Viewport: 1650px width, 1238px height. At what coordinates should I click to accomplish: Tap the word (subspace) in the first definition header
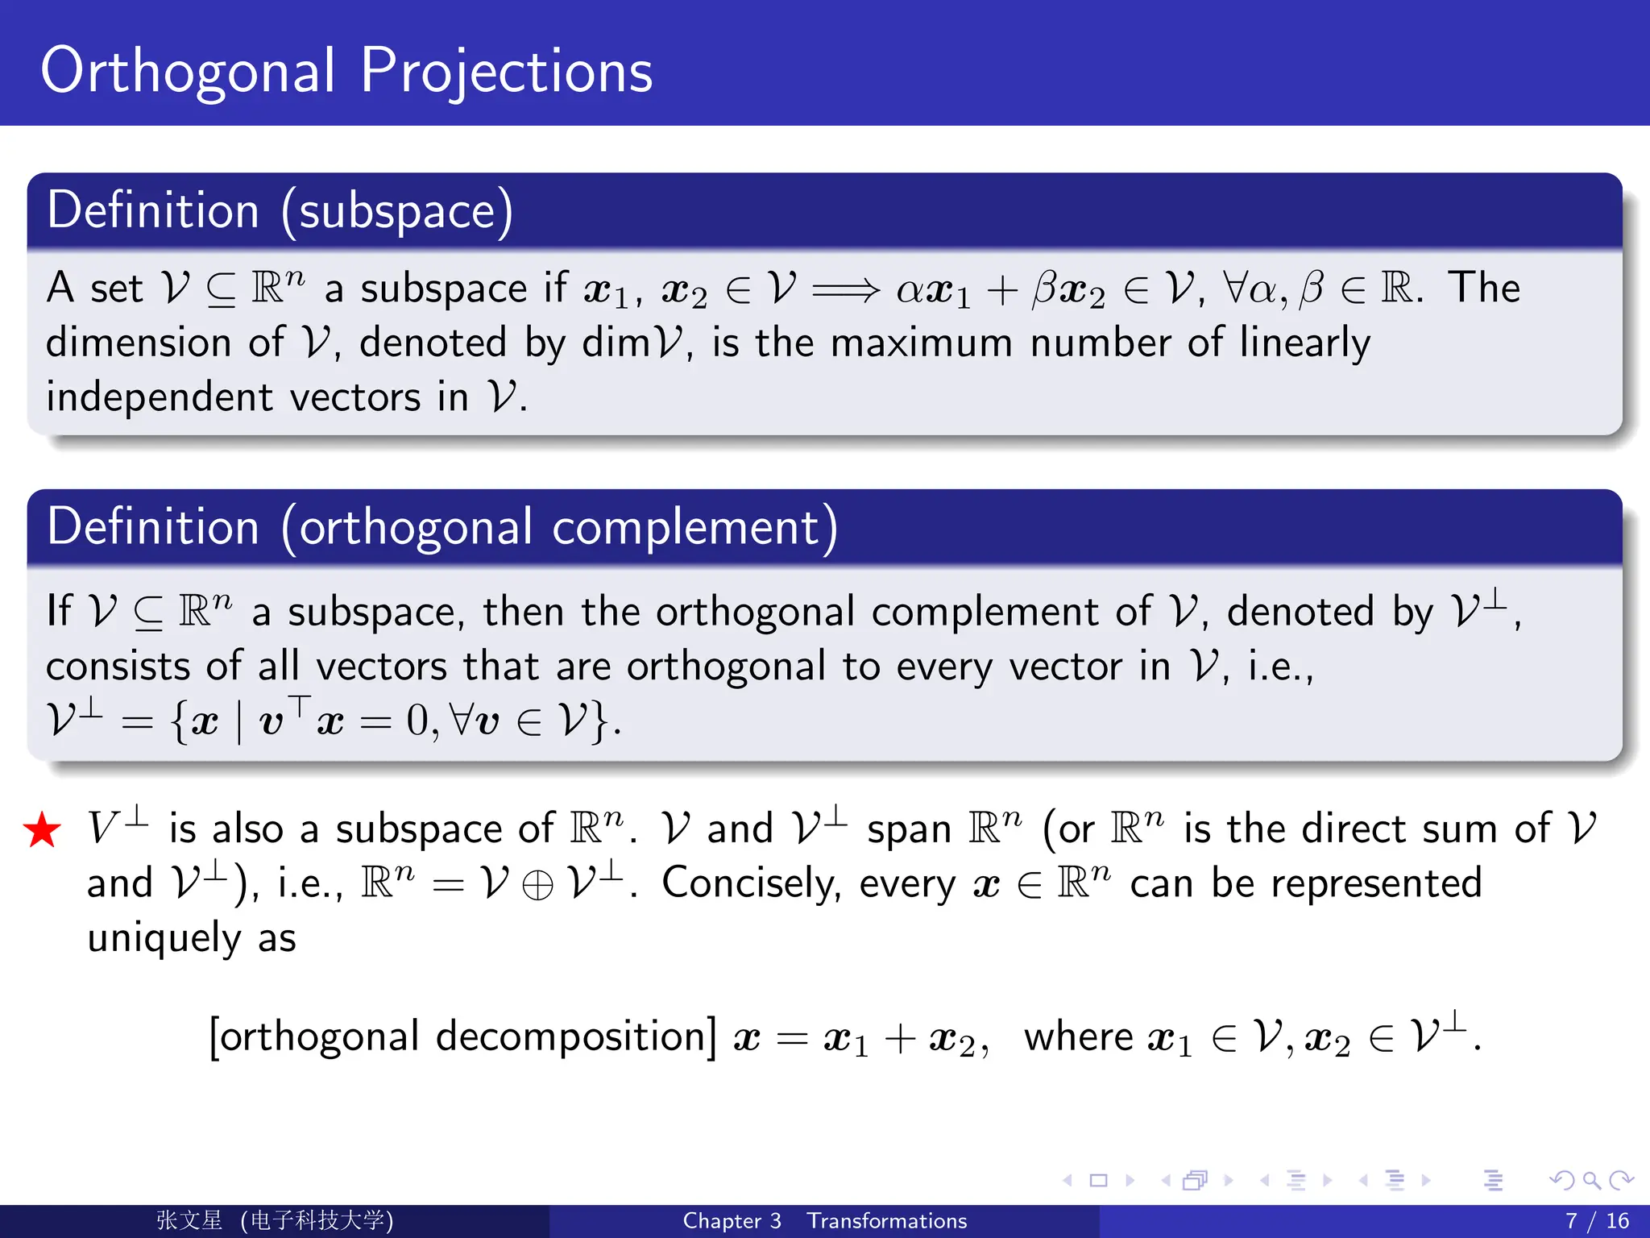(x=396, y=211)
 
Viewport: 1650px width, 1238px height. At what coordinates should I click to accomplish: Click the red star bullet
(x=42, y=830)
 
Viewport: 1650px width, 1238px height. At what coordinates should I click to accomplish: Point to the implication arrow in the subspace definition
(x=845, y=289)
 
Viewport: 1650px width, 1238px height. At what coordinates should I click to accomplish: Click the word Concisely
(x=751, y=883)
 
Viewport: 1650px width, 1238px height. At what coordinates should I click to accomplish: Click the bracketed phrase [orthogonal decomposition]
(x=462, y=1037)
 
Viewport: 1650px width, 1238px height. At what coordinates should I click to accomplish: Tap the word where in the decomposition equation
(x=1078, y=1037)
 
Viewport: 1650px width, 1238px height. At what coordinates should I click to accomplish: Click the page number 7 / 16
(x=1596, y=1221)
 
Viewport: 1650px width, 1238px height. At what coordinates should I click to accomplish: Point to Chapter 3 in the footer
(x=732, y=1221)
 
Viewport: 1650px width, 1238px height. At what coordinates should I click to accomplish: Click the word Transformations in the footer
(x=886, y=1221)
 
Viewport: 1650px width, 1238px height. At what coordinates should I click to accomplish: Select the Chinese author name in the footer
(x=189, y=1220)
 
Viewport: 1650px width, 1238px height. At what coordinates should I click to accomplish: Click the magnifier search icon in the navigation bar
(x=1591, y=1181)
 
